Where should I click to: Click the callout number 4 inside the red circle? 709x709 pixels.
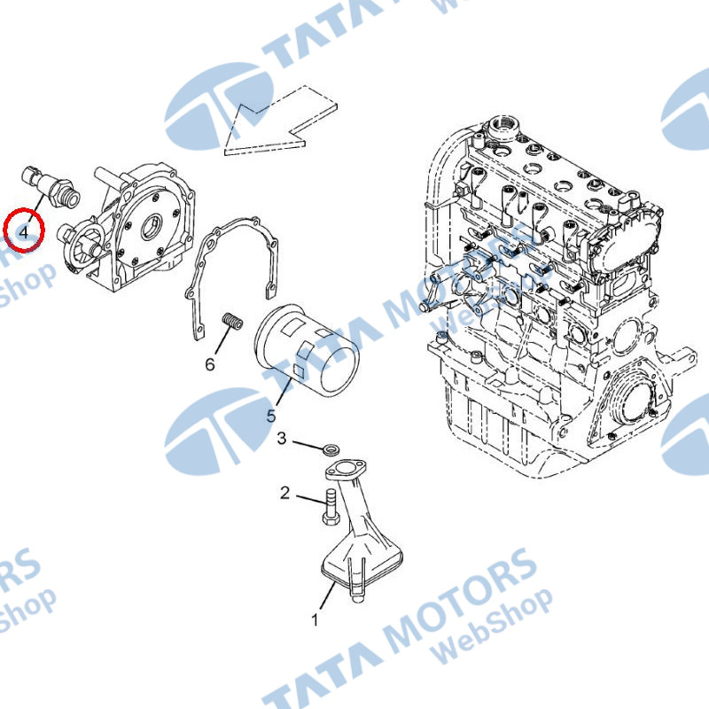click(x=24, y=232)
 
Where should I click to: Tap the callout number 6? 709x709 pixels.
click(x=210, y=364)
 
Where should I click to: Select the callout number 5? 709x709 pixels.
click(x=271, y=416)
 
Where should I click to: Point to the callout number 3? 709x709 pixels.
click(x=282, y=438)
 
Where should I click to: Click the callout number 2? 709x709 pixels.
click(x=284, y=493)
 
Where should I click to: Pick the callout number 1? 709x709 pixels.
click(x=315, y=619)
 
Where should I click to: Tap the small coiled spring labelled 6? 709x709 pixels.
click(x=233, y=321)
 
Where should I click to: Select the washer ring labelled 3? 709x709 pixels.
click(x=331, y=450)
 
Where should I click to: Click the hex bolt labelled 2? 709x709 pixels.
click(x=331, y=507)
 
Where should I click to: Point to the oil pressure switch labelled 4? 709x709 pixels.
click(x=51, y=188)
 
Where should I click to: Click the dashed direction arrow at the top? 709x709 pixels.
click(x=281, y=121)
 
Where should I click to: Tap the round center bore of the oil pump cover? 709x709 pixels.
click(x=151, y=227)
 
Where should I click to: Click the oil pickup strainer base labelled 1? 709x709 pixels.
click(x=361, y=565)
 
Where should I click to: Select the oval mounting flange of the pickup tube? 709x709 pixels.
click(x=346, y=471)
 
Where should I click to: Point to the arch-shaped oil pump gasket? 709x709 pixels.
click(x=231, y=276)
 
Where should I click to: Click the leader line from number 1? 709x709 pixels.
click(x=328, y=596)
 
